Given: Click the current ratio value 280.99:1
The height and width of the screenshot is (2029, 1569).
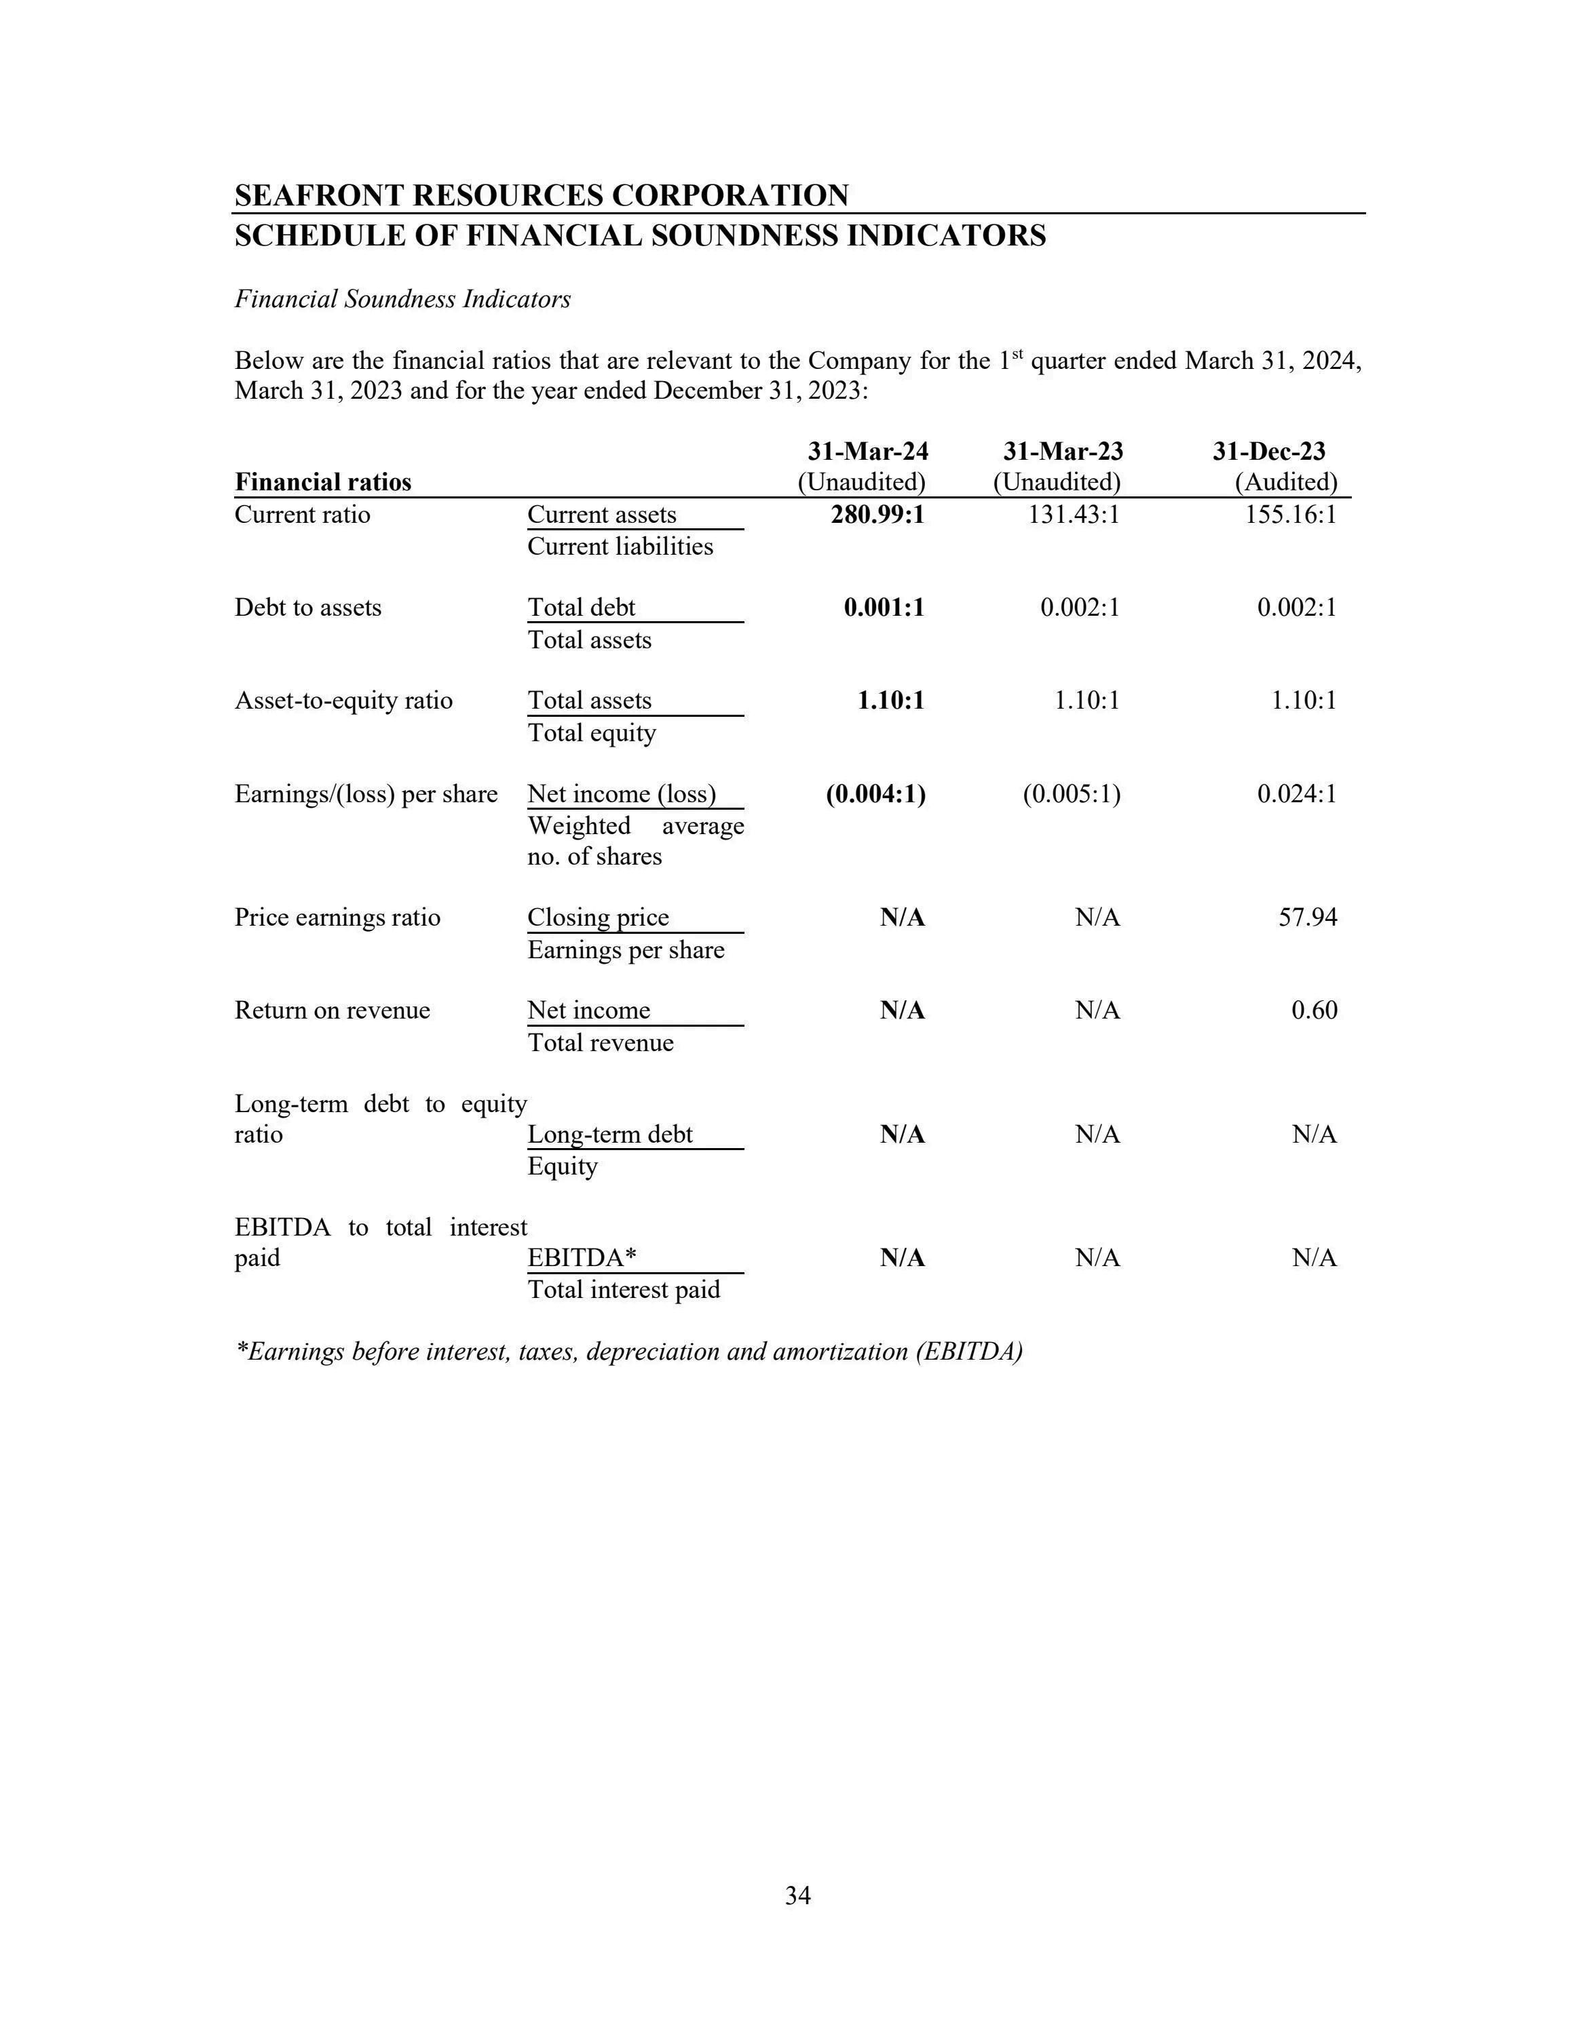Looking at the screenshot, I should click(877, 515).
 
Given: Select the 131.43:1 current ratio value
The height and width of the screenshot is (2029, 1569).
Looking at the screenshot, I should click(1074, 515).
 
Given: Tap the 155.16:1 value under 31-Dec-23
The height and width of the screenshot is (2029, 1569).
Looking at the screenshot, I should click(1290, 515).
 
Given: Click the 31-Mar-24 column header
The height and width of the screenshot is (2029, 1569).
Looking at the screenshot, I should click(867, 452).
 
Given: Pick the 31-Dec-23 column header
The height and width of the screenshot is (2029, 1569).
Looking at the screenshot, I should click(1269, 452).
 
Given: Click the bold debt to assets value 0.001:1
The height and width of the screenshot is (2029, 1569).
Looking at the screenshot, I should click(884, 608).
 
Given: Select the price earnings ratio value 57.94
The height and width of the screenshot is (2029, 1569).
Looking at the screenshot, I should click(1308, 918).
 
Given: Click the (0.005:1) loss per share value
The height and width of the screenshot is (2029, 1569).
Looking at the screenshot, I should click(1072, 794).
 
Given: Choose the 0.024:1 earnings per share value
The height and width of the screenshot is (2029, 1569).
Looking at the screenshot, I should click(1297, 794).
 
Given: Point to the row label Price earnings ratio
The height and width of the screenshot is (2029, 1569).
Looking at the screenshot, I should click(337, 918).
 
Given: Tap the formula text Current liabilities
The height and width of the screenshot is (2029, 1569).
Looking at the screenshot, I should click(620, 547).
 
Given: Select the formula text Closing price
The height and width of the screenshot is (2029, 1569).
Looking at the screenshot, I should click(598, 918).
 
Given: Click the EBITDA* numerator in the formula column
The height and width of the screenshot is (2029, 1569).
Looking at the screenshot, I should click(582, 1258).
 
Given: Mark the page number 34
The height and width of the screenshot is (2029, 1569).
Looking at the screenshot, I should click(797, 1896).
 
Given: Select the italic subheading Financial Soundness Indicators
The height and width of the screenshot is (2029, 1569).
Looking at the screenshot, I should click(402, 299).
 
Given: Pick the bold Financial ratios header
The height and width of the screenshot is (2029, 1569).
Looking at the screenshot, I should click(322, 482).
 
